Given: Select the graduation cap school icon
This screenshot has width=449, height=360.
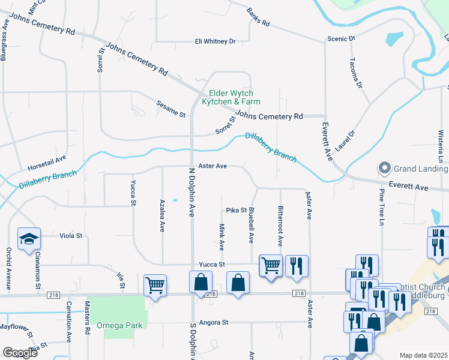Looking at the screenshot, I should pyautogui.click(x=29, y=240).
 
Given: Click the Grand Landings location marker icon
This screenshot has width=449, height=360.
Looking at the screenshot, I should pyautogui.click(x=384, y=167).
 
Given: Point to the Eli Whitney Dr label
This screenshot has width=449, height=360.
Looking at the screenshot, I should pyautogui.click(x=215, y=41).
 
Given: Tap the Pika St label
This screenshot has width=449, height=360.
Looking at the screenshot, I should pyautogui.click(x=237, y=210).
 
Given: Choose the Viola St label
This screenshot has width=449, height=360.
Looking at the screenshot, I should pyautogui.click(x=71, y=236).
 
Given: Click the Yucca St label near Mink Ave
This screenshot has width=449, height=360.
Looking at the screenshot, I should pyautogui.click(x=213, y=264).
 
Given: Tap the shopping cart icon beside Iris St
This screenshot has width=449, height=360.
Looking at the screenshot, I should pyautogui.click(x=155, y=286).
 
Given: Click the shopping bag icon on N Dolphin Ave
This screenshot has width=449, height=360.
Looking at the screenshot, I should pyautogui.click(x=200, y=282).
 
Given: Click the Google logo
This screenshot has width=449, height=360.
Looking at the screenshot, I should pyautogui.click(x=20, y=353).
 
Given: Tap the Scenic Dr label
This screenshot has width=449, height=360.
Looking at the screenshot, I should pyautogui.click(x=341, y=38).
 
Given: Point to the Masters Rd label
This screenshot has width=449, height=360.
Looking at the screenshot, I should pyautogui.click(x=87, y=328).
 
